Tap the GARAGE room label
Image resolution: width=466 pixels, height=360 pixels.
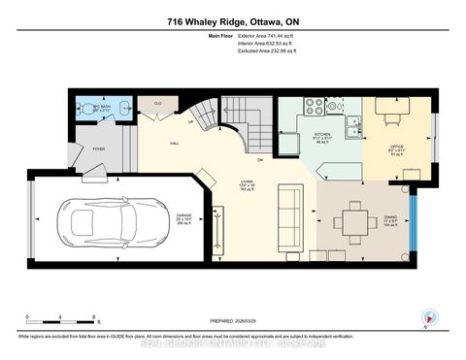coord(184,218)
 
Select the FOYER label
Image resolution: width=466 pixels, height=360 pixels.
coord(99,149)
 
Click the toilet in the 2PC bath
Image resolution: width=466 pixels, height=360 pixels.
coord(83,109)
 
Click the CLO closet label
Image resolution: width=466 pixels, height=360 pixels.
coord(156,101)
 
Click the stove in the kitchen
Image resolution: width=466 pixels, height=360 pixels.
coord(316,108)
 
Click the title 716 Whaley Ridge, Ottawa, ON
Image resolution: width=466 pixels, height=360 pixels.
coord(232,20)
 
